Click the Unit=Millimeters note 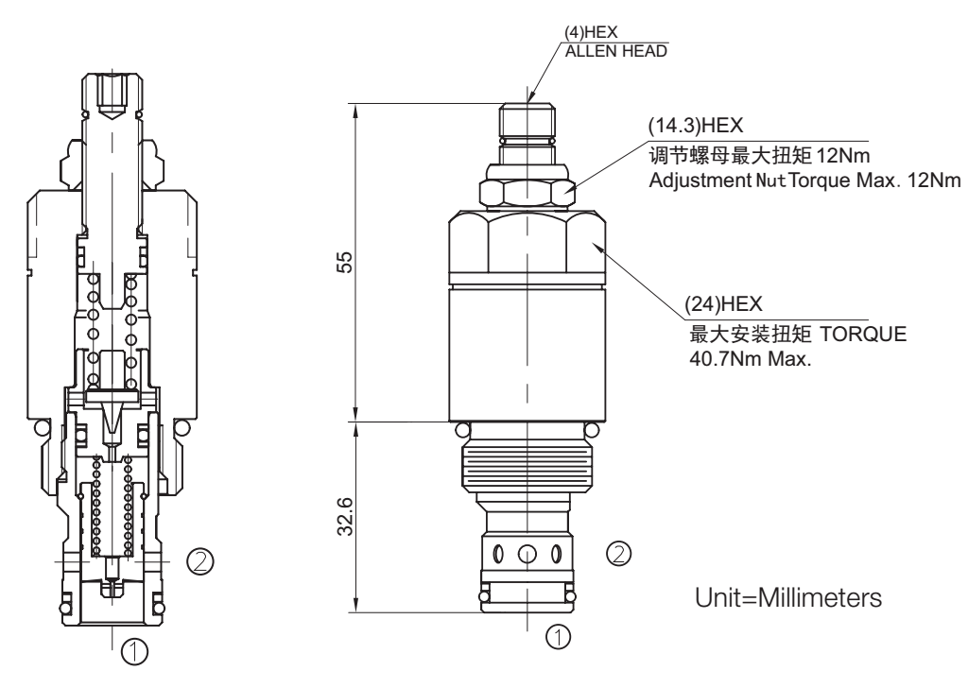[x=788, y=598]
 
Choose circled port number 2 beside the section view [x=199, y=561]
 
